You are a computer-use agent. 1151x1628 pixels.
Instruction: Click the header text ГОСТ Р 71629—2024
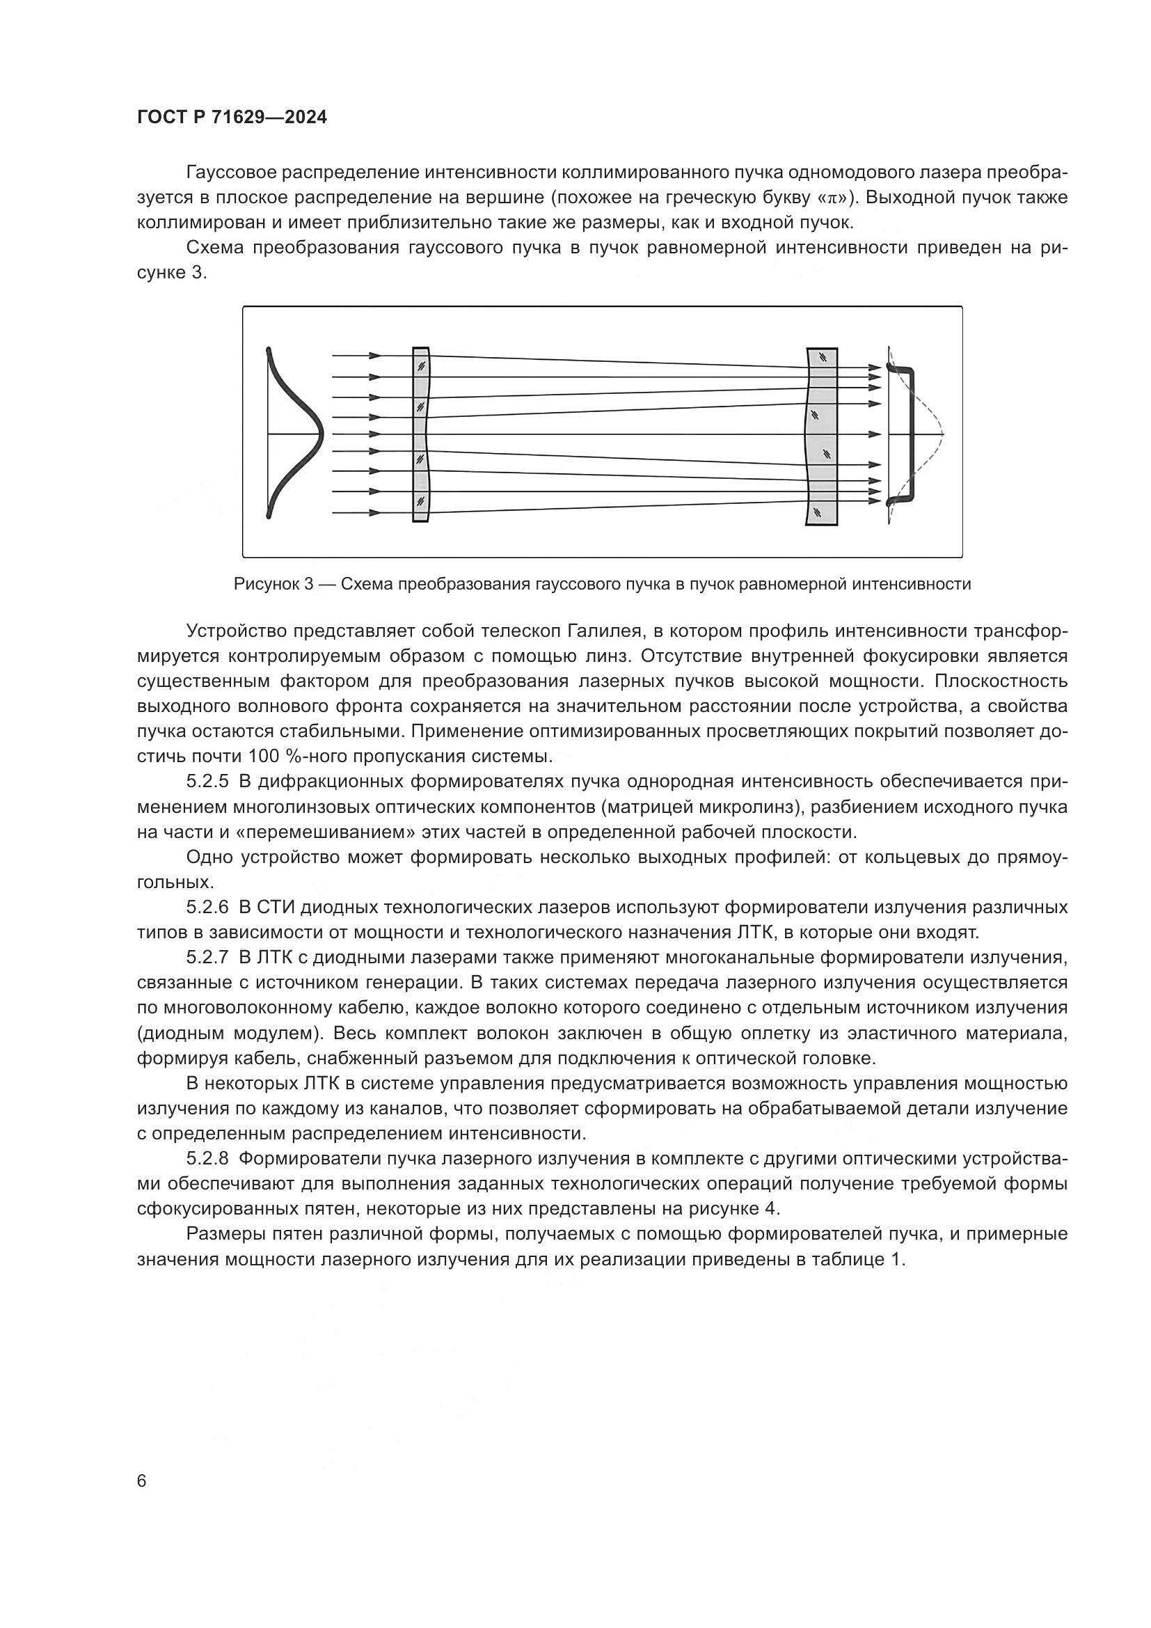[232, 118]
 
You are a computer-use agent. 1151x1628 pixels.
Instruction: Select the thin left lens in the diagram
[421, 434]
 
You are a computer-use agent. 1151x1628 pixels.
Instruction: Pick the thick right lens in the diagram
[821, 436]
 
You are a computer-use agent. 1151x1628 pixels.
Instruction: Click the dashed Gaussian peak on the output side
[942, 432]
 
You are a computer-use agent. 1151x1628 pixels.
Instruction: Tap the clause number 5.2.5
[207, 782]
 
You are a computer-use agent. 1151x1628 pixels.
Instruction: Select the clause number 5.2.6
[207, 908]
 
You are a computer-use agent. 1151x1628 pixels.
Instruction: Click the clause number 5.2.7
[207, 958]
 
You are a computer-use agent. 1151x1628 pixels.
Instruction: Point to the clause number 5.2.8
[207, 1159]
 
